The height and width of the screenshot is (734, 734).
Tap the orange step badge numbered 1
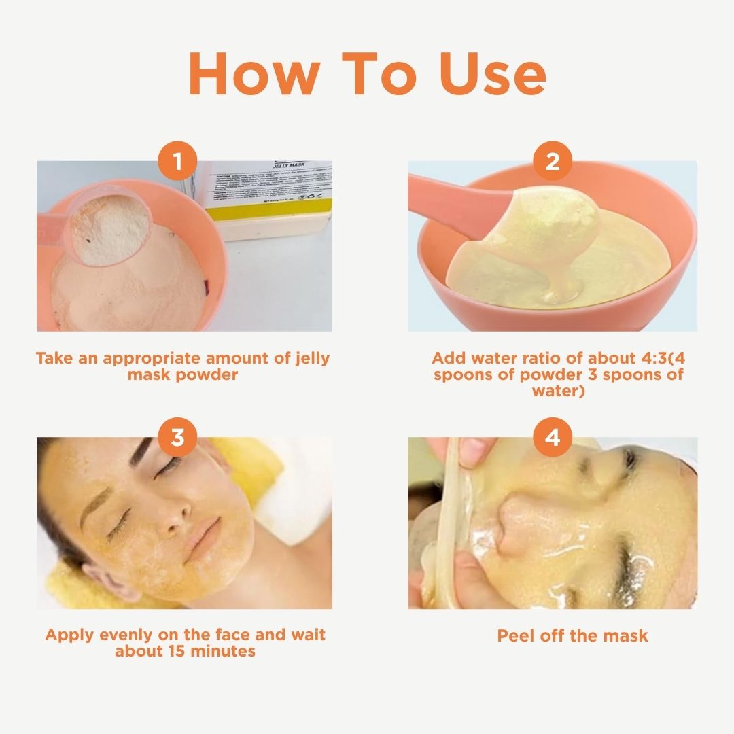pyautogui.click(x=178, y=162)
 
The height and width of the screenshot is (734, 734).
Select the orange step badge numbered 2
pyautogui.click(x=553, y=162)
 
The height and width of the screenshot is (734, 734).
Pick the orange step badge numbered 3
pyautogui.click(x=178, y=437)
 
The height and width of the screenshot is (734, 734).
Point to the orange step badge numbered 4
pyautogui.click(x=553, y=437)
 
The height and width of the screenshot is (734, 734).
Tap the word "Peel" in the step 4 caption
pyautogui.click(x=516, y=636)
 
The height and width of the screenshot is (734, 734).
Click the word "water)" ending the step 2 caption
pyautogui.click(x=558, y=391)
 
